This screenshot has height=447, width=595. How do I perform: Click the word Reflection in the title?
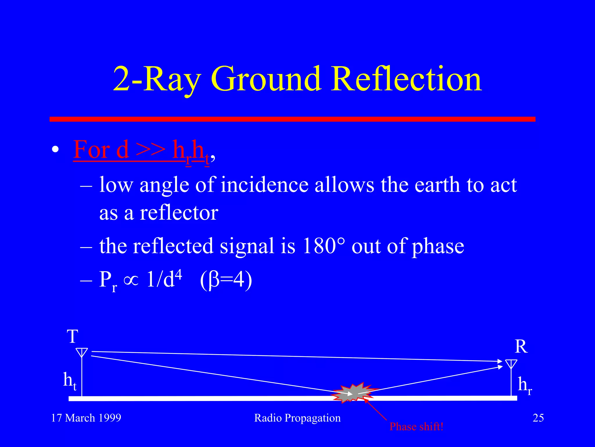tap(407, 79)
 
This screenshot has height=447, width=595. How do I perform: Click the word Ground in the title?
tap(266, 79)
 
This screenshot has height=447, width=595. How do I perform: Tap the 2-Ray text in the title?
tap(157, 79)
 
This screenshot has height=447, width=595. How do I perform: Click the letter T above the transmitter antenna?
tap(73, 337)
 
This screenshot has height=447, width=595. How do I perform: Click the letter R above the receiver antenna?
tap(521, 347)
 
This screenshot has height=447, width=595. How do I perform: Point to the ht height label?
tap(70, 381)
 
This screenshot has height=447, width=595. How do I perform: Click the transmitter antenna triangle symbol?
tap(82, 352)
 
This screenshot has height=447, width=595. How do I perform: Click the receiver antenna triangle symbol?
tap(511, 364)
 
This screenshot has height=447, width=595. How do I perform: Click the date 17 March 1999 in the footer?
tap(86, 418)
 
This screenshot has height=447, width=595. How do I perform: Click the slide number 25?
tap(538, 418)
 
